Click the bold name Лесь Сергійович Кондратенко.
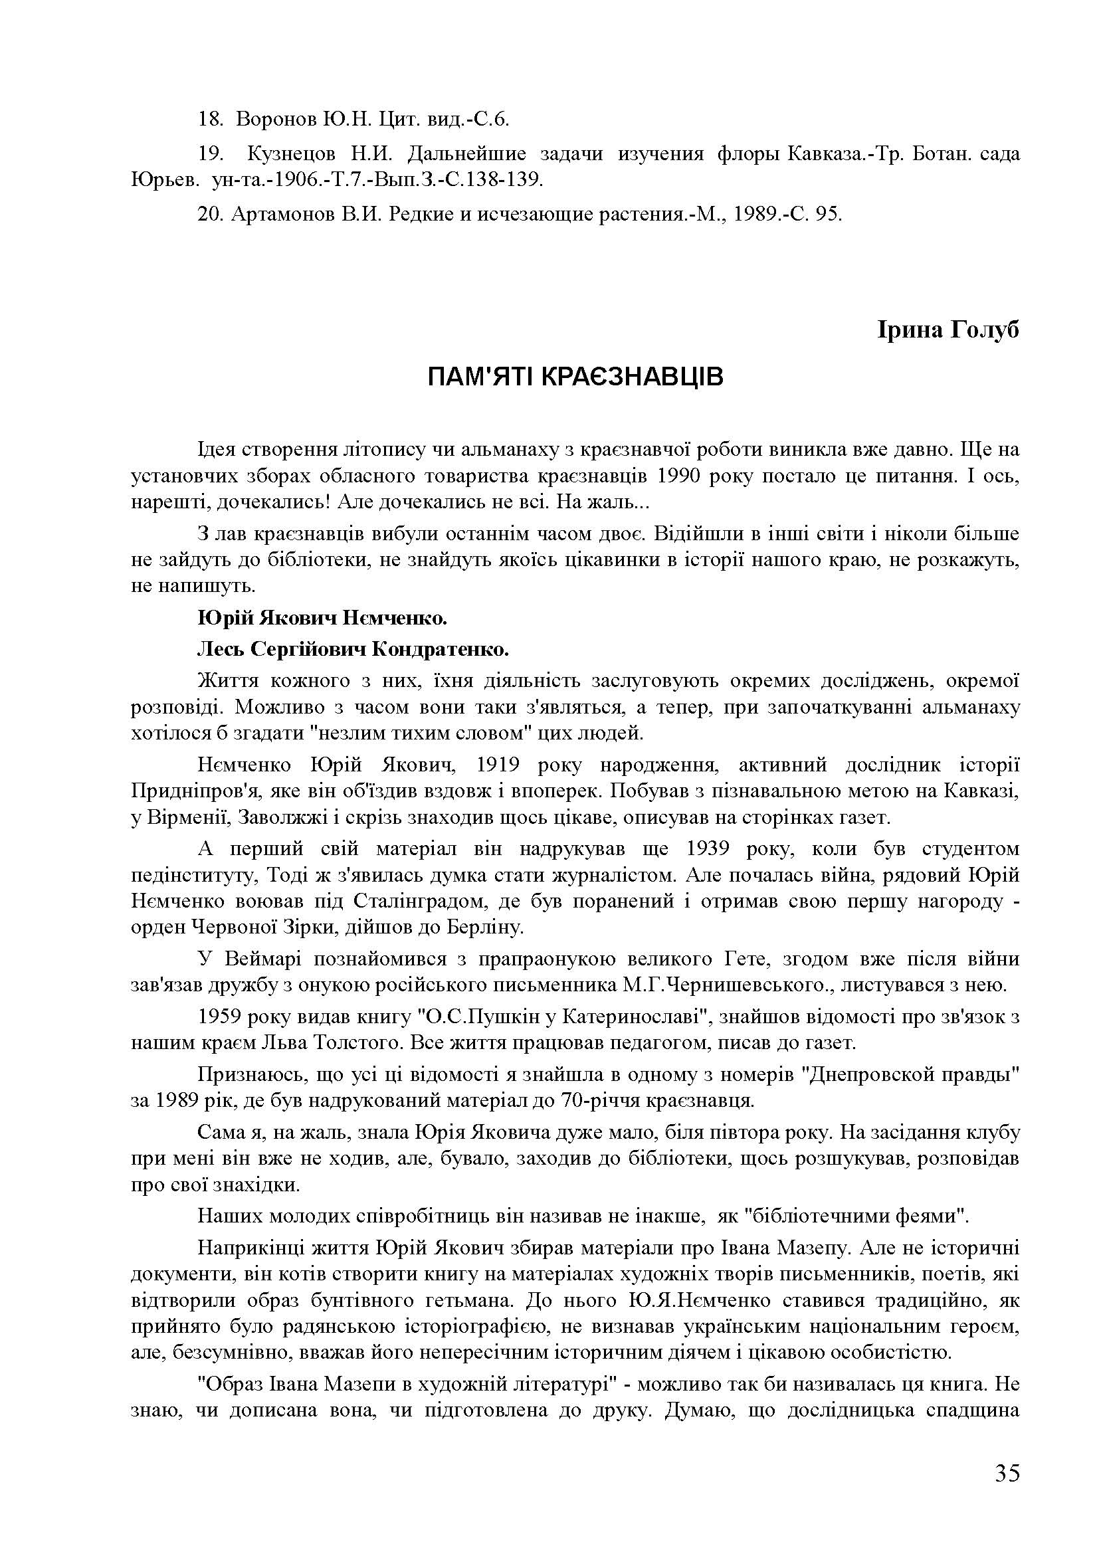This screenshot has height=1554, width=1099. pyautogui.click(x=353, y=650)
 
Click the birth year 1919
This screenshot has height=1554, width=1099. pyautogui.click(x=498, y=765)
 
